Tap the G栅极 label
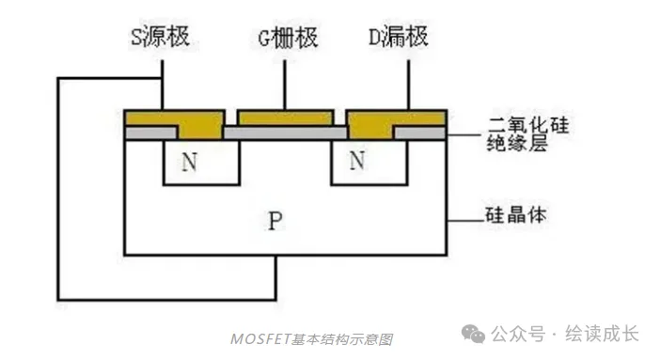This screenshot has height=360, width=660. point(287,39)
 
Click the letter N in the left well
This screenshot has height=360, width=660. point(190,162)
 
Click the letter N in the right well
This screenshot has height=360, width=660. point(356,162)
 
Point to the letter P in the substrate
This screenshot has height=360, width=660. point(275,222)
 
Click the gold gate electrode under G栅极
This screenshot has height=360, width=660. point(286,117)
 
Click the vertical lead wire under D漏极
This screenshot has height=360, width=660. point(407,85)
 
